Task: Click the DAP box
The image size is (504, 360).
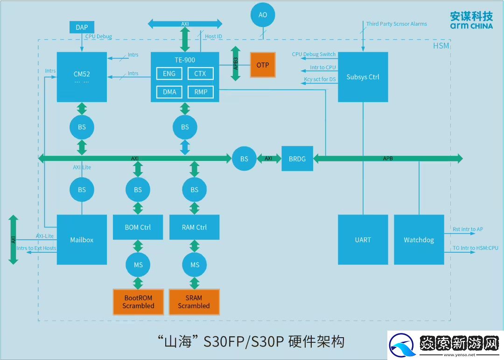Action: point(82,27)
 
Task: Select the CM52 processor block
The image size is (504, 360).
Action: point(82,77)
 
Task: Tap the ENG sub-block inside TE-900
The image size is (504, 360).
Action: point(169,74)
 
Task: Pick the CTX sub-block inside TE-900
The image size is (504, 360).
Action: point(200,74)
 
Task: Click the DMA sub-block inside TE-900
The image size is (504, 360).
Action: point(169,92)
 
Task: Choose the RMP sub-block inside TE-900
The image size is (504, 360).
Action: point(200,92)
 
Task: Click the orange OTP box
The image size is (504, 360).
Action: point(263,65)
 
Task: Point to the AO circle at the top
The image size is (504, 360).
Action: point(263,15)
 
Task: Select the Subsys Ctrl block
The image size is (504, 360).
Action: point(363,77)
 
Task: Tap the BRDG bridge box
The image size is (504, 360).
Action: point(297,159)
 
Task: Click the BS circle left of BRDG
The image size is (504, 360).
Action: point(244,159)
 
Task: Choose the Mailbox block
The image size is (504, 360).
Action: point(82,240)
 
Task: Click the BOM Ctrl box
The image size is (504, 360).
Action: point(138,227)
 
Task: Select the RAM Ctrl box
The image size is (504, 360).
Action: point(195,227)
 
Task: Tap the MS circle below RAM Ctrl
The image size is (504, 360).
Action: point(195,264)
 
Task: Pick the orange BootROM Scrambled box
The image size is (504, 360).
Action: point(138,302)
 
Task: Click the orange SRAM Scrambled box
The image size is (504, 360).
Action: point(194,302)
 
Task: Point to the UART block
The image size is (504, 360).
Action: point(363,240)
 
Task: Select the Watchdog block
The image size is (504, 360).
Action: point(419,240)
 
